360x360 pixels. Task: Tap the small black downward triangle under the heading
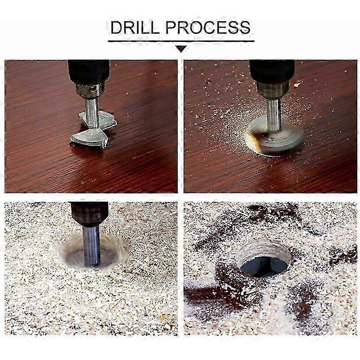click(x=181, y=49)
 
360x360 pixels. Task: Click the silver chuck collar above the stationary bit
click(x=90, y=89)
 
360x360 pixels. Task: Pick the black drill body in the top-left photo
click(x=89, y=70)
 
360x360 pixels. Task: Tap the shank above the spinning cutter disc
click(x=273, y=112)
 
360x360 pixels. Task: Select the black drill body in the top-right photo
click(x=271, y=70)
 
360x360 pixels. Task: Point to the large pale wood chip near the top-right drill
click(x=298, y=84)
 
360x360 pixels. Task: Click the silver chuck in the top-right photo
click(x=271, y=89)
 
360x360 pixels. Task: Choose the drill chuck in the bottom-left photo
click(x=89, y=214)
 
